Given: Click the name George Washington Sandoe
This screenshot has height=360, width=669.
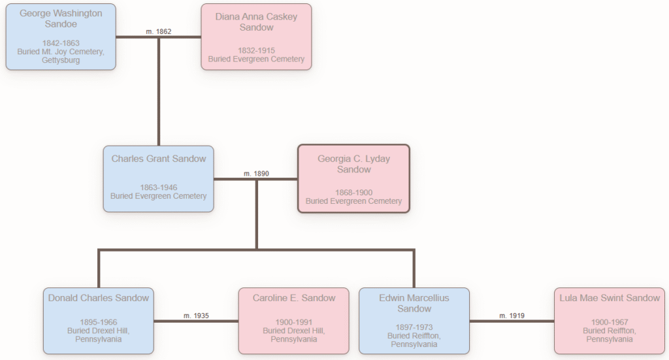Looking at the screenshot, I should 61,18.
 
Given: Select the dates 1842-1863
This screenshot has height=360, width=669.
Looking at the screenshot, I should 61,43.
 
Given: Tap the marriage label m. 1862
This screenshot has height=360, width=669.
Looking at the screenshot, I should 159,31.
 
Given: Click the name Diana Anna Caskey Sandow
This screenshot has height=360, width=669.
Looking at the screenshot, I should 256,22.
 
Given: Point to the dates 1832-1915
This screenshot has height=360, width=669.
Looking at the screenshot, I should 256,50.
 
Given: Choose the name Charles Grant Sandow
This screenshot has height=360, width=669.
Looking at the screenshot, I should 159,159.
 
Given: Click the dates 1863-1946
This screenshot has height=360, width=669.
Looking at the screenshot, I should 159,188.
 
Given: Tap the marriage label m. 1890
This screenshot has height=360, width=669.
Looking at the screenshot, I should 256,174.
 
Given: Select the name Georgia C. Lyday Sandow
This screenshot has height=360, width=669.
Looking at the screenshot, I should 353,164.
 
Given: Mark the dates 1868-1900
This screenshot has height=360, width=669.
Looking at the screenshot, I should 353,192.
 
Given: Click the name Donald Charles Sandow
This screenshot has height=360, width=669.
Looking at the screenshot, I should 99,298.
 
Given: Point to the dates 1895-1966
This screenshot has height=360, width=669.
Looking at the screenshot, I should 99,322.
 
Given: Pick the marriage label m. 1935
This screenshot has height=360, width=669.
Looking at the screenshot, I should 196,316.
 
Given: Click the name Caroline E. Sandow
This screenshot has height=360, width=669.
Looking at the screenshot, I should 294,298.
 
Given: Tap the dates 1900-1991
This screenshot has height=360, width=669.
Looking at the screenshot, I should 294,322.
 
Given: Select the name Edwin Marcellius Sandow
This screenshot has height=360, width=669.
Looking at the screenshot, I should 414,303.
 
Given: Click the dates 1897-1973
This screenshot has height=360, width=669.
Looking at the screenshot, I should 414,327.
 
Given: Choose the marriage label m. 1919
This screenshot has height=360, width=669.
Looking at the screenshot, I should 512,316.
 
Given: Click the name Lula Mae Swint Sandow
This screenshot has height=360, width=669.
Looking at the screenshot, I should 610,298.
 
